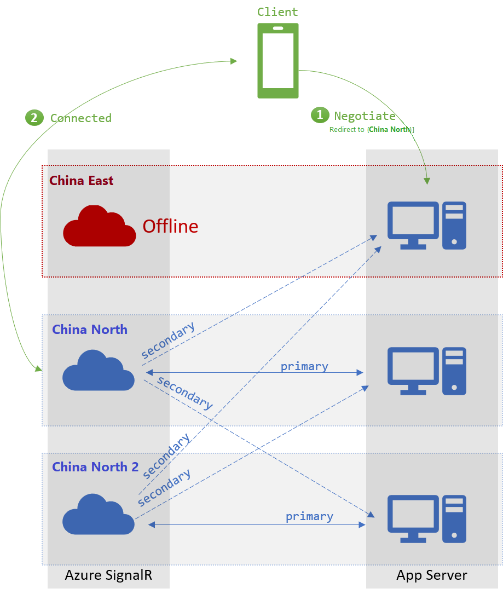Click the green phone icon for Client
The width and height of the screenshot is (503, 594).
[x=278, y=61]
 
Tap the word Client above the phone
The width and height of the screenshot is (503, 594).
[x=278, y=12]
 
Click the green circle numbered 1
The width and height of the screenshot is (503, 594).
[x=320, y=115]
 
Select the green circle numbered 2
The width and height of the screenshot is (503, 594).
[x=34, y=117]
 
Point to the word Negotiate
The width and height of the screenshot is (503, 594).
[x=365, y=116]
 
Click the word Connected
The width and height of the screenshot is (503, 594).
[x=81, y=118]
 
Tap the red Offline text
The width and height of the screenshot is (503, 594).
[x=170, y=226]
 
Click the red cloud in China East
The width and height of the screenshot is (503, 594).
[x=100, y=226]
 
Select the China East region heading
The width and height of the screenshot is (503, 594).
[x=82, y=181]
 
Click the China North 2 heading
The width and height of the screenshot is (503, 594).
[x=95, y=467]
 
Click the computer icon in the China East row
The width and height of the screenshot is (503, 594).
[x=427, y=226]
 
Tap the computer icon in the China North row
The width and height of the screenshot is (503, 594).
[x=427, y=371]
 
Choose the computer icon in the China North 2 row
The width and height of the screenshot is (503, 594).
[x=427, y=518]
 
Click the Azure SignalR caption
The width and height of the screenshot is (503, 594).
[x=108, y=575]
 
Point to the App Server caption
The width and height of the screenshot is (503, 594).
[x=432, y=575]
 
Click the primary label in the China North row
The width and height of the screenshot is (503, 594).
[x=304, y=366]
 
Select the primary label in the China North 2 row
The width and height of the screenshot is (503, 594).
[x=309, y=516]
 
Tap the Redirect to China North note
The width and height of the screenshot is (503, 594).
[x=372, y=130]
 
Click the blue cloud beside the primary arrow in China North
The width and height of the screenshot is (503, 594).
[x=99, y=371]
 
